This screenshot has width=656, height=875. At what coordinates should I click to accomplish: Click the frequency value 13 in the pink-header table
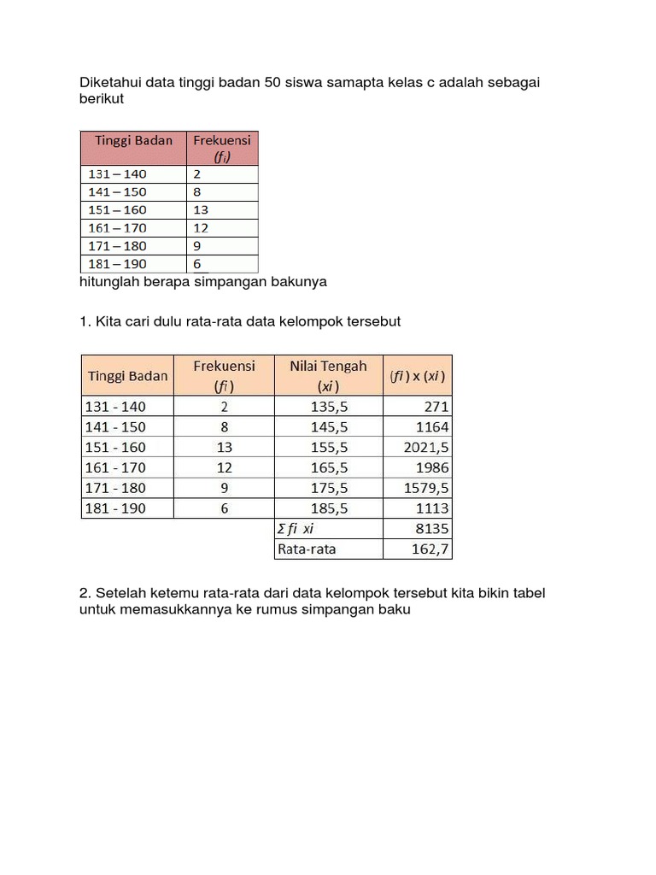pyautogui.click(x=202, y=209)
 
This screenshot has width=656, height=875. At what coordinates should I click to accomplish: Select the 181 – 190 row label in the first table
pyautogui.click(x=117, y=264)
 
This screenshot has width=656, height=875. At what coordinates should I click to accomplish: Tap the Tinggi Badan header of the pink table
pyautogui.click(x=132, y=140)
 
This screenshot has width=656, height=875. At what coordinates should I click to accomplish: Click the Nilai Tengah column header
pyautogui.click(x=328, y=375)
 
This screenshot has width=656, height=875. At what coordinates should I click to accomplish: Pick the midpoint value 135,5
pyautogui.click(x=328, y=407)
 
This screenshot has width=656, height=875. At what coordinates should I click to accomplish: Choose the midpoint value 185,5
pyautogui.click(x=328, y=508)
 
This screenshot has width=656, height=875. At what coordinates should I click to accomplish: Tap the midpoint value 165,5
pyautogui.click(x=328, y=467)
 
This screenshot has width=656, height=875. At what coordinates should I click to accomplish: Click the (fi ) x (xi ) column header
pyautogui.click(x=417, y=375)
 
